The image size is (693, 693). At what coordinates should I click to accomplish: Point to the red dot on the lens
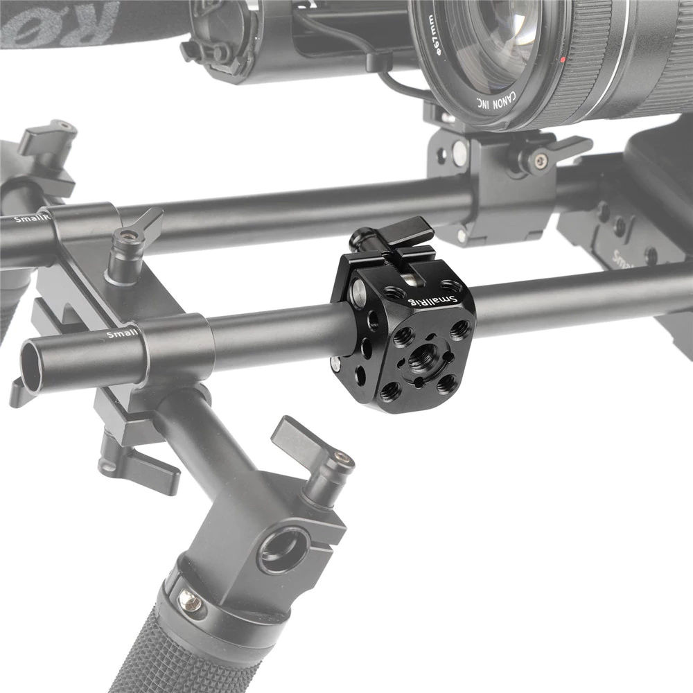coord(562,60)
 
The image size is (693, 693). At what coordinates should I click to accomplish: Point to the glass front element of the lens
coord(485,35)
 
